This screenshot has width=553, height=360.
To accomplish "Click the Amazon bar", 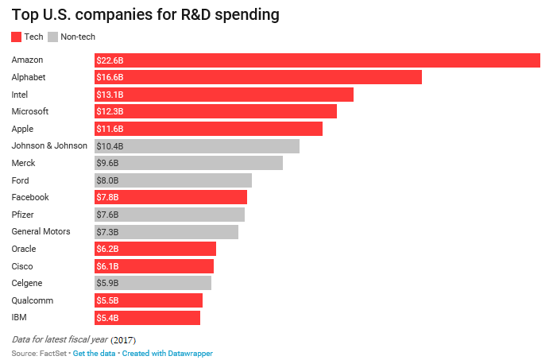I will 317,60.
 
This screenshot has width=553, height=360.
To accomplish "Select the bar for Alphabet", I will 258,77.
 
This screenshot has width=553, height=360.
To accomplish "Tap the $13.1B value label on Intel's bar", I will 110,95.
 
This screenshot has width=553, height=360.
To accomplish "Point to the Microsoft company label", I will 30,111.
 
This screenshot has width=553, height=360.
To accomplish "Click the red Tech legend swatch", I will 17,37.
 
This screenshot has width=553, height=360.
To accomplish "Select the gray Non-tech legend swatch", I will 53,37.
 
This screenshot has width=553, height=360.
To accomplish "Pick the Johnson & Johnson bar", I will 197,146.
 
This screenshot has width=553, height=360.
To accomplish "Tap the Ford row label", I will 21,180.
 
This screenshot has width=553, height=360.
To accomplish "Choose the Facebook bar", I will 171,197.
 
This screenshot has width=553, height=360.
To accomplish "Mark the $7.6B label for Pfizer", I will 107,215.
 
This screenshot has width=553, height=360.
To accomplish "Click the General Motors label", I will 41,231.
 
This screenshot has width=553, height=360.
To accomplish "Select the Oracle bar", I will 155,249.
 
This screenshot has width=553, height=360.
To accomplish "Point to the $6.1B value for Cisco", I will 107,266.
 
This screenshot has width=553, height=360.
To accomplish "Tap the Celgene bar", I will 153,283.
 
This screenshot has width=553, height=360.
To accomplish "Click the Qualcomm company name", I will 32,300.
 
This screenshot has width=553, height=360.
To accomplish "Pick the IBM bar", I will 147,318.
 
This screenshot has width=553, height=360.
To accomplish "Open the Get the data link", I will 95,353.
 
